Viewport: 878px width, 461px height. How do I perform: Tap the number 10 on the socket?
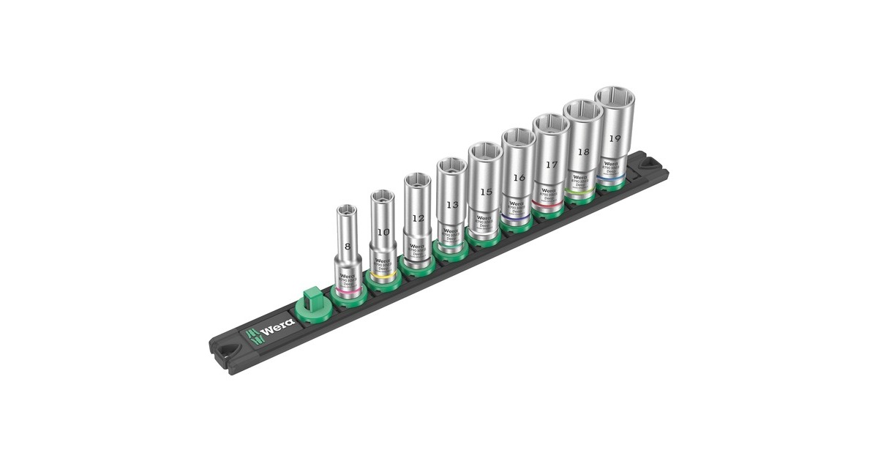382,232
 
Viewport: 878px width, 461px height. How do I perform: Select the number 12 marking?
417,218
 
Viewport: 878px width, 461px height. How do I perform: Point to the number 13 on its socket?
451,206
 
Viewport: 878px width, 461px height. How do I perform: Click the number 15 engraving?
484,192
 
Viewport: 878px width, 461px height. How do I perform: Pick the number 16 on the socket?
518,178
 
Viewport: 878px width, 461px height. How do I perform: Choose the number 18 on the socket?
582,152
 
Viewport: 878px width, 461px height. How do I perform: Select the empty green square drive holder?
309,301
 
